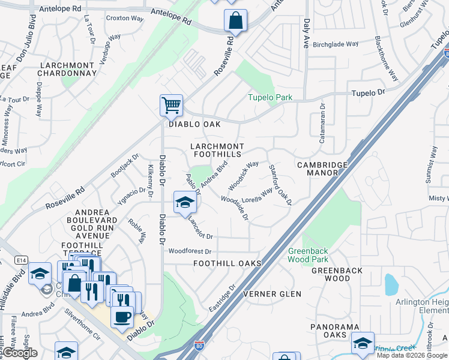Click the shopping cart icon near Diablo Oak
[x=171, y=106]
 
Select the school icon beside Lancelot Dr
[x=185, y=202]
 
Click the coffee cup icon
[x=122, y=316]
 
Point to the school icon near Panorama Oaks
[x=363, y=343]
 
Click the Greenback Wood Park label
[x=308, y=255]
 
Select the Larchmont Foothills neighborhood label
[x=217, y=150]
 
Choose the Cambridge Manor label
[x=322, y=168]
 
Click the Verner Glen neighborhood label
[x=271, y=294]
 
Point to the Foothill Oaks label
[x=228, y=263]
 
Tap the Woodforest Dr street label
[x=190, y=251]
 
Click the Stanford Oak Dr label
[x=280, y=185]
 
